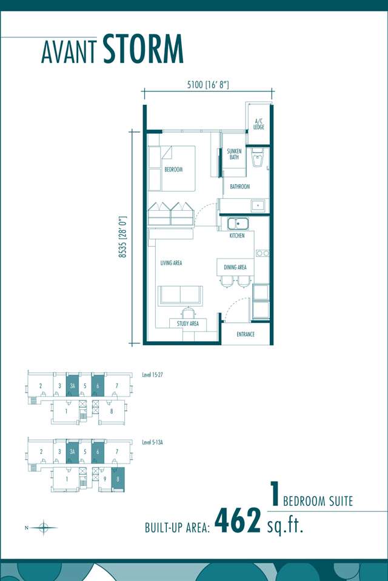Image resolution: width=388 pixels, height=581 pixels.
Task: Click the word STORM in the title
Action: click(x=143, y=49)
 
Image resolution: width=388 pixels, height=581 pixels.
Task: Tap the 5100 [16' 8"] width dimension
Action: click(x=208, y=85)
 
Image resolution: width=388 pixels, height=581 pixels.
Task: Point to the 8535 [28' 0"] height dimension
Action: click(x=123, y=237)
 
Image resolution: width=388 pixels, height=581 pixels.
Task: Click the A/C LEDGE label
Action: click(x=258, y=124)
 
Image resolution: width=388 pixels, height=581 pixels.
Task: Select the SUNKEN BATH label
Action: click(x=234, y=154)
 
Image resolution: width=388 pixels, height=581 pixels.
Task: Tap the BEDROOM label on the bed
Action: click(x=173, y=170)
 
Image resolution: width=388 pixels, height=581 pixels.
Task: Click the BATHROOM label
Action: click(x=239, y=187)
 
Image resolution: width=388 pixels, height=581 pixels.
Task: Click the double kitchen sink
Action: click(x=238, y=224)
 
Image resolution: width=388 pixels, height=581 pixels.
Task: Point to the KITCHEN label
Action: click(x=236, y=235)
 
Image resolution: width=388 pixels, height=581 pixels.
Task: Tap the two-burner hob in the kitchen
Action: click(x=263, y=253)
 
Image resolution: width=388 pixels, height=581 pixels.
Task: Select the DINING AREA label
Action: click(x=235, y=267)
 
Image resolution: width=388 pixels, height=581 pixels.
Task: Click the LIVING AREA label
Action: click(x=171, y=263)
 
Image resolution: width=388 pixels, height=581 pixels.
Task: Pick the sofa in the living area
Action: click(x=180, y=295)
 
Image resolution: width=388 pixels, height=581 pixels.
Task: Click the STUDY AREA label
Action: click(x=188, y=324)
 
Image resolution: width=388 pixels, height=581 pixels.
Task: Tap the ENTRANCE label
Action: click(x=246, y=334)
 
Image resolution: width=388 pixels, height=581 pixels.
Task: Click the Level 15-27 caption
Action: click(x=152, y=374)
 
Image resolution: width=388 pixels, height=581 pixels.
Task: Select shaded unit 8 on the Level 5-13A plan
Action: click(x=118, y=479)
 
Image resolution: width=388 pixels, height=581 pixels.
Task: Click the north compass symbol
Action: click(x=44, y=527)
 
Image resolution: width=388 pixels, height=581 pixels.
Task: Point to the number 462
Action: click(x=238, y=520)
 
